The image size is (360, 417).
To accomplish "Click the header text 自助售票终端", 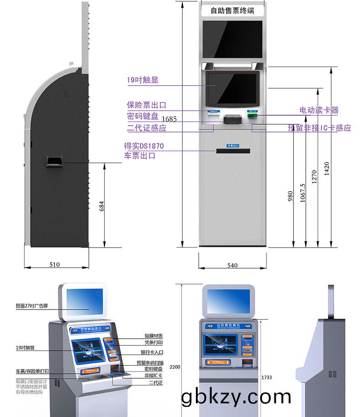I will (x=232, y=11).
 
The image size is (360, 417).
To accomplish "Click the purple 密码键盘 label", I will (x=143, y=117).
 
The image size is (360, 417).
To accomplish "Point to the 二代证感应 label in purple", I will (x=146, y=128).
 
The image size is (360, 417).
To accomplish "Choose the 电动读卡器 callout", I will (x=319, y=111).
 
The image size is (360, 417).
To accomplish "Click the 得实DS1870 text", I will (x=144, y=146).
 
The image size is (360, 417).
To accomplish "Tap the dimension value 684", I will (x=102, y=206).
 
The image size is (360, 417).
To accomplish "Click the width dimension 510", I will (x=55, y=264).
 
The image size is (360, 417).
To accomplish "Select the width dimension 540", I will (x=232, y=265).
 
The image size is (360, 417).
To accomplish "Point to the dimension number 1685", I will (x=169, y=119).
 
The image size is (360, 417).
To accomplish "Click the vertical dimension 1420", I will (x=326, y=168).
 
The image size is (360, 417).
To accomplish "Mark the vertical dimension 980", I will (x=290, y=196).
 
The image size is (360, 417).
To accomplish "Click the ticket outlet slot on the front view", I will (x=233, y=151).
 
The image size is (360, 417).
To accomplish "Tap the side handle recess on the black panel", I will (x=54, y=162).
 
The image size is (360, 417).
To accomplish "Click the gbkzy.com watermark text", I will (x=236, y=397).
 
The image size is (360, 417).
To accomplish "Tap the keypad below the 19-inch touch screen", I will (x=232, y=120).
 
